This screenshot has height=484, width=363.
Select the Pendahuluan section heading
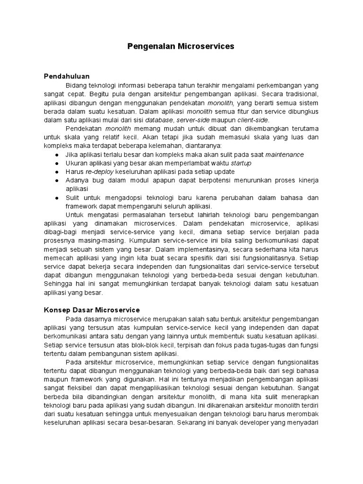[67, 76]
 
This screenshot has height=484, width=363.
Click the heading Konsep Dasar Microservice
[92, 310]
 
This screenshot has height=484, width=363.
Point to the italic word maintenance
[285, 155]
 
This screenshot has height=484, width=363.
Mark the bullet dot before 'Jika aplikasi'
[57, 155]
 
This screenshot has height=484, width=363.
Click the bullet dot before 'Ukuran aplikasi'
[57, 163]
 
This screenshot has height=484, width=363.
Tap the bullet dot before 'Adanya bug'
[57, 181]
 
